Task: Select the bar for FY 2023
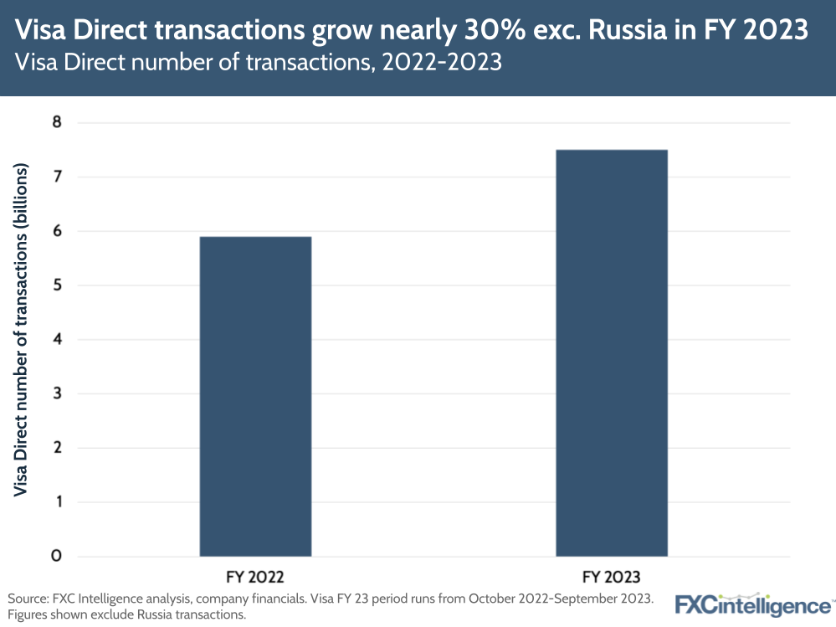(612, 352)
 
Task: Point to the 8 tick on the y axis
(57, 123)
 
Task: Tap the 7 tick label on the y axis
(57, 177)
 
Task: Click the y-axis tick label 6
(57, 232)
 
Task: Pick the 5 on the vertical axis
(57, 285)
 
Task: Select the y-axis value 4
(57, 340)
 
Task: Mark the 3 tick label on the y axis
(57, 394)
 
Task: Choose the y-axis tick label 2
(57, 449)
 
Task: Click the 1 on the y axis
(57, 502)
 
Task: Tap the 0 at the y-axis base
(57, 557)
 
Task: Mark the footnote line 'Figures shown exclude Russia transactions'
(126, 614)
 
